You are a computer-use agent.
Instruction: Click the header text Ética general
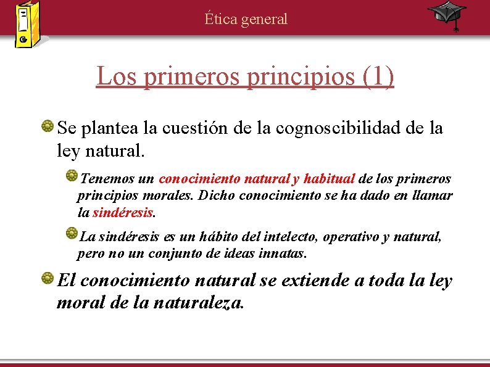tap(246, 19)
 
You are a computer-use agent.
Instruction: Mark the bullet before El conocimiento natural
tap(47, 280)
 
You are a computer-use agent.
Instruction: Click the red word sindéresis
tap(122, 213)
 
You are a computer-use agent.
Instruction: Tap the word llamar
tap(432, 196)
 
